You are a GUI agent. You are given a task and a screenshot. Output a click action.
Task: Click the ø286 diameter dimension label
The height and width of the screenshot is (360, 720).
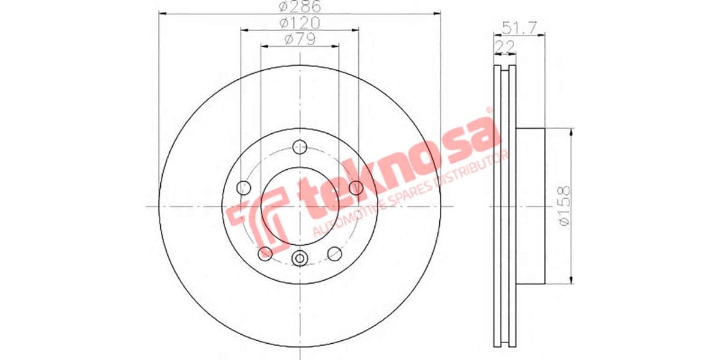(x=299, y=7)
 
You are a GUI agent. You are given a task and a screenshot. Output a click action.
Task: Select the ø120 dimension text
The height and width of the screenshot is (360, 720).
(x=299, y=23)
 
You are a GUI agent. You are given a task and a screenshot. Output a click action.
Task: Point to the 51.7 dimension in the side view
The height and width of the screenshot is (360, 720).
(x=515, y=27)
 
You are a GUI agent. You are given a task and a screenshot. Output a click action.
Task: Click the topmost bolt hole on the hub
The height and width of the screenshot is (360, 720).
(x=299, y=147)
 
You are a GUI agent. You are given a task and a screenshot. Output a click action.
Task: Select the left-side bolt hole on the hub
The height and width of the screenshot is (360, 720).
(x=244, y=187)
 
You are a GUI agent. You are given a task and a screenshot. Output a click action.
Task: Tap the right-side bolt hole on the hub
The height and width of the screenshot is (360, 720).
(x=356, y=187)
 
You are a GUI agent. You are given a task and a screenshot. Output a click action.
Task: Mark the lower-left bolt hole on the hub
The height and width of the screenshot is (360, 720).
(x=265, y=254)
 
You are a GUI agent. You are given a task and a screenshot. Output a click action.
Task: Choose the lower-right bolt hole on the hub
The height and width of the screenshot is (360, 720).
(x=335, y=254)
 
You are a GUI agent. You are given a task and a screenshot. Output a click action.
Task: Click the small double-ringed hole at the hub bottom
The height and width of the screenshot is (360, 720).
(x=299, y=259)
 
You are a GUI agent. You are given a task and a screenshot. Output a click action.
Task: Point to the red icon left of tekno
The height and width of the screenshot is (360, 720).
(x=264, y=215)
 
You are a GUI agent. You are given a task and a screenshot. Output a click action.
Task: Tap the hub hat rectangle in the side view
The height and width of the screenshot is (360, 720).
(x=530, y=206)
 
